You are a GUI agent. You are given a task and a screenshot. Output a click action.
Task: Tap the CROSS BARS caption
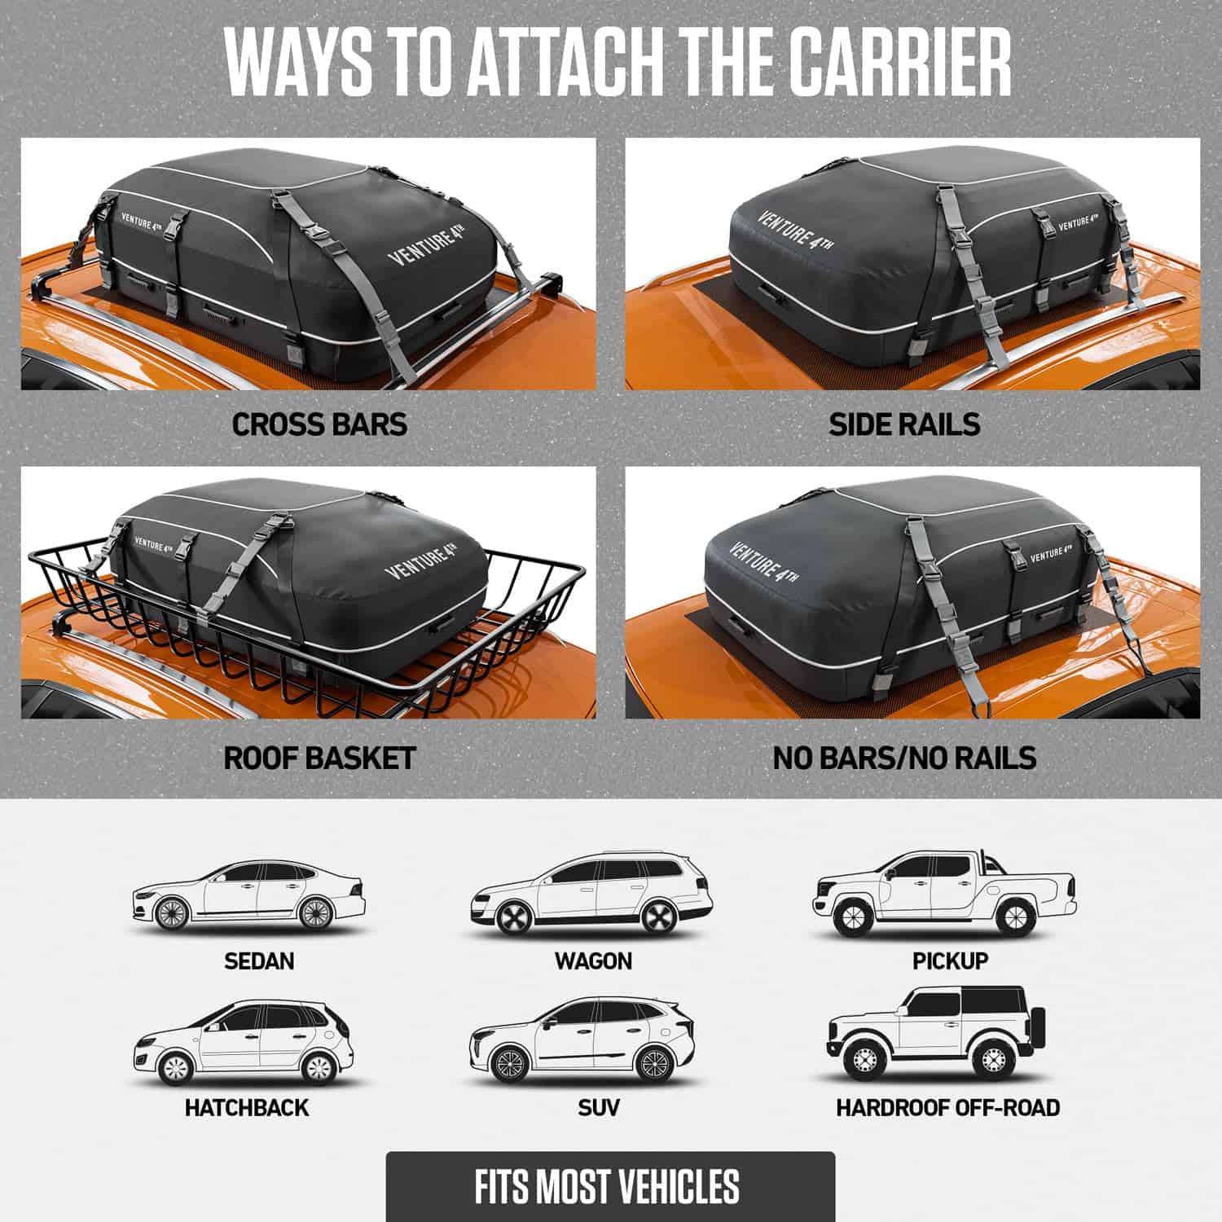pos(319,424)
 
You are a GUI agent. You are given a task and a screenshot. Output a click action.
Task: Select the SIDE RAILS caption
pos(904,424)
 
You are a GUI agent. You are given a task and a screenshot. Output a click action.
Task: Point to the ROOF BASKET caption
pos(319,758)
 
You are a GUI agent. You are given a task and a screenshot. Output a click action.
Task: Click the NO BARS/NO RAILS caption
pos(904,758)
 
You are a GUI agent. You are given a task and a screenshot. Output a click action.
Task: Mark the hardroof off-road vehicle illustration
pos(935,1033)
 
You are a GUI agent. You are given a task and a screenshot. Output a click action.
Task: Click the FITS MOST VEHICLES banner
pos(610,1186)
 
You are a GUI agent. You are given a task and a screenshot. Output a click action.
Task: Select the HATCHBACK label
pos(247,1108)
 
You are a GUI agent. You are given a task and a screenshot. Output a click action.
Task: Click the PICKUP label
pos(950,961)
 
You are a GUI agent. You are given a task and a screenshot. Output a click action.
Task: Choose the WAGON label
pos(593,961)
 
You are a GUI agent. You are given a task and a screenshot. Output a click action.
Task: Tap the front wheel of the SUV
pos(511,1066)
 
